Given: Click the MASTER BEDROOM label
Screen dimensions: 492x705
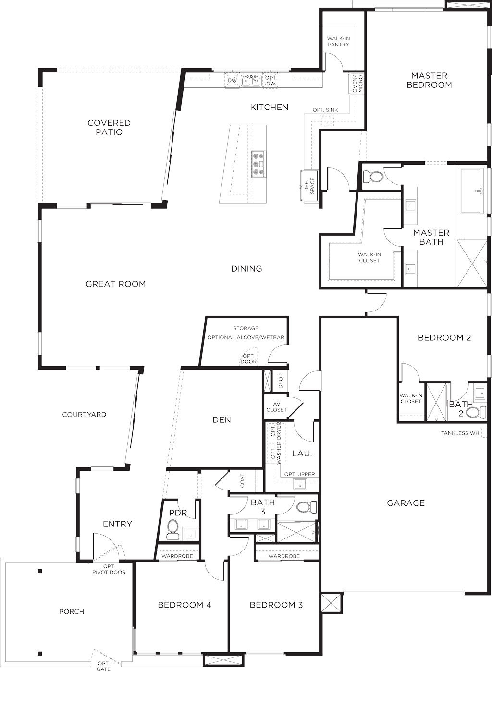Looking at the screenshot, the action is pyautogui.click(x=429, y=80).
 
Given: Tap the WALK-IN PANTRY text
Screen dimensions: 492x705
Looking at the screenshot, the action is pyautogui.click(x=338, y=42).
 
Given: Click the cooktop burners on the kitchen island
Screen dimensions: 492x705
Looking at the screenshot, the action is pyautogui.click(x=258, y=164).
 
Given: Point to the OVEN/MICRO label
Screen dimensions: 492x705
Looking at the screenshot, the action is pyautogui.click(x=357, y=84).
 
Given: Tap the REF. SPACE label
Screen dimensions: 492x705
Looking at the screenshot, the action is pyautogui.click(x=309, y=186).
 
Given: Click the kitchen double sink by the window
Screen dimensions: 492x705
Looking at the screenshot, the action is pyautogui.click(x=251, y=81).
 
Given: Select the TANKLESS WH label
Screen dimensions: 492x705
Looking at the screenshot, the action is pyautogui.click(x=460, y=433).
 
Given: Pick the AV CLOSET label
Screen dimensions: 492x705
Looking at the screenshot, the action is pyautogui.click(x=276, y=406).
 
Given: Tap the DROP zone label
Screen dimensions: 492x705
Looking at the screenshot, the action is pyautogui.click(x=281, y=381).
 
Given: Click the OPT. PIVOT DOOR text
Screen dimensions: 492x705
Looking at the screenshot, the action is pyautogui.click(x=109, y=569).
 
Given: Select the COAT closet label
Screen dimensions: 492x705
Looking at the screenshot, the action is pyautogui.click(x=242, y=480).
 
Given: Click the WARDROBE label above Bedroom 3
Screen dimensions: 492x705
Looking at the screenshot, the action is pyautogui.click(x=284, y=556).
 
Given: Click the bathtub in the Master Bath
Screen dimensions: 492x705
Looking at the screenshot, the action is pyautogui.click(x=472, y=191).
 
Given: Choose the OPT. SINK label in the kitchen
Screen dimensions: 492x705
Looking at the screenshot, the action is pyautogui.click(x=325, y=110).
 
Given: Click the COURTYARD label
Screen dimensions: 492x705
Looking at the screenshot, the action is pyautogui.click(x=84, y=415).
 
